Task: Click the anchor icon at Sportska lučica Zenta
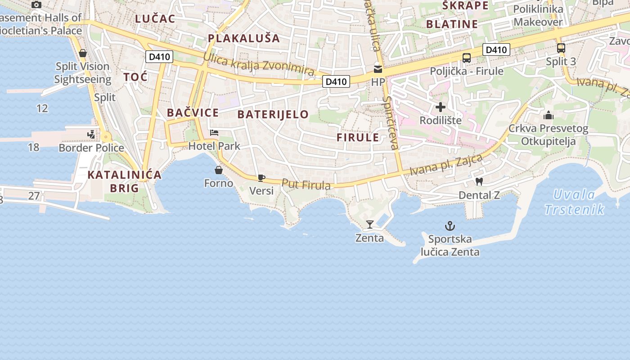(450, 226)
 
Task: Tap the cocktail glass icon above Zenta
(370, 225)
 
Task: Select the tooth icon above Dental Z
(479, 182)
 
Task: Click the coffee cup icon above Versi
(261, 178)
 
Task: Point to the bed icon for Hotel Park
(214, 133)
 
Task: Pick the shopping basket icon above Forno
(219, 170)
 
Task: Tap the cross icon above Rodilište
(441, 107)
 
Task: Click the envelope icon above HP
(378, 69)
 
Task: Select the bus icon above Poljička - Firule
(467, 58)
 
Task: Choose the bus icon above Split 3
(561, 48)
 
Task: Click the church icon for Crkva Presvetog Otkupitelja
(548, 115)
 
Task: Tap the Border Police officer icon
(91, 135)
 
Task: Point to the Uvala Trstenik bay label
(574, 202)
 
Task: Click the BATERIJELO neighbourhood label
(273, 114)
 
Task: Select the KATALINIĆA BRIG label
(124, 181)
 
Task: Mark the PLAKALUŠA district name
(244, 38)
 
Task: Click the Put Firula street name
(306, 184)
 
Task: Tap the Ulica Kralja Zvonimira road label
(258, 64)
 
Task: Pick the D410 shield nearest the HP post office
(336, 81)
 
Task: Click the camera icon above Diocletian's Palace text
(36, 4)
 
